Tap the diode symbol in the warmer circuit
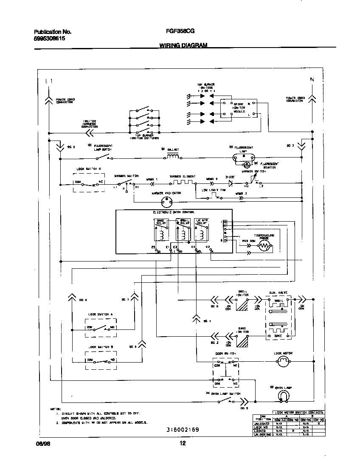[x=231, y=183]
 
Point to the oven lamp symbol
[x=282, y=397]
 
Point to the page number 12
[x=182, y=444]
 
